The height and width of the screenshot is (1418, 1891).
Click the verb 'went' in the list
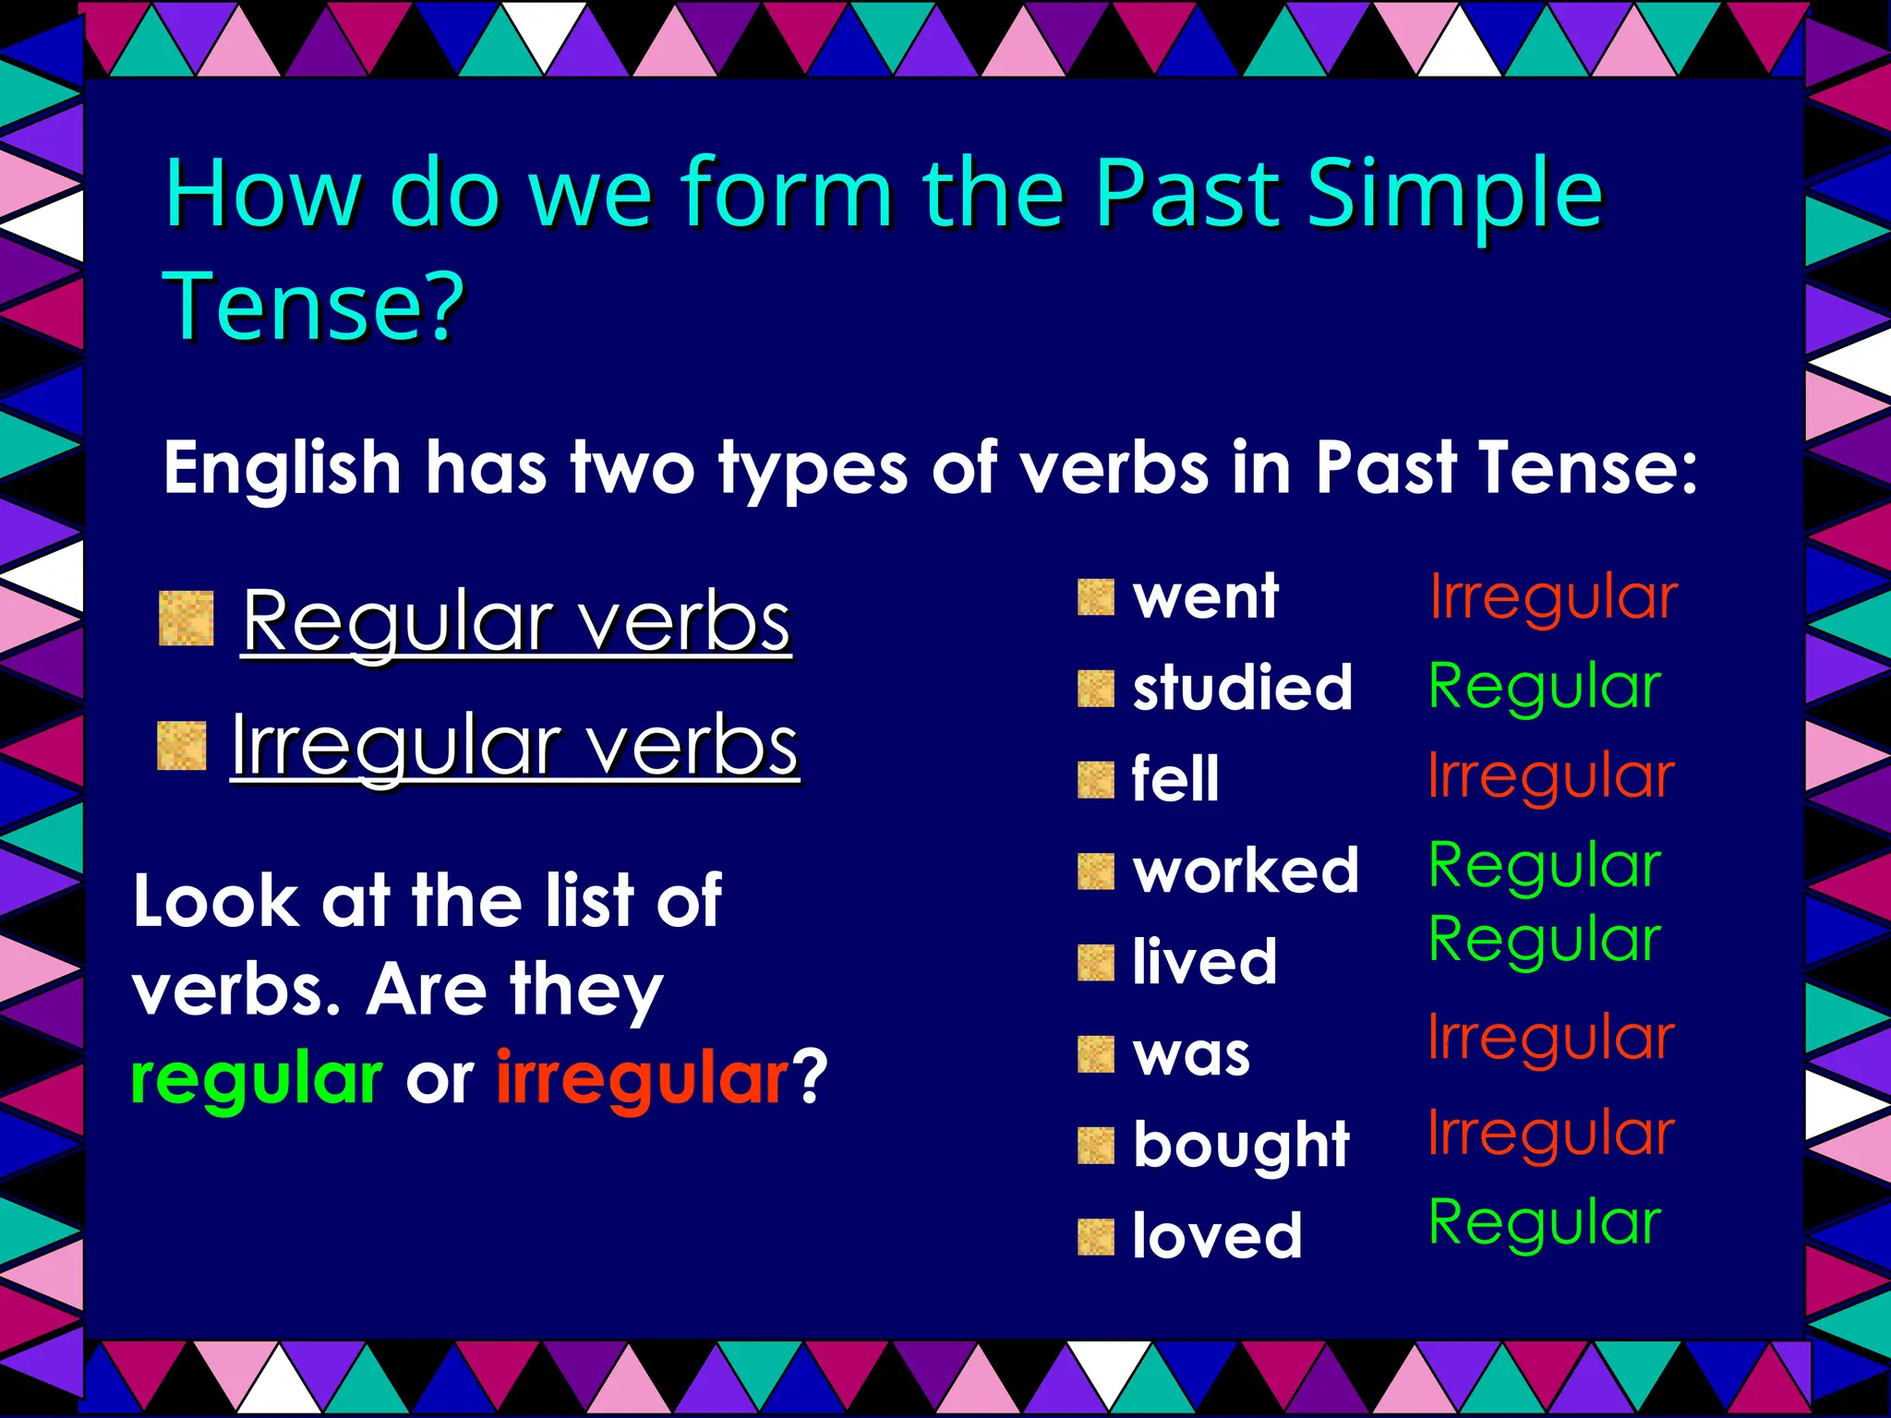click(x=1205, y=597)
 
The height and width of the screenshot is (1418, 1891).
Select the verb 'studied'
click(x=1242, y=689)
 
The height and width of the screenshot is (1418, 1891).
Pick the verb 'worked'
click(x=1246, y=871)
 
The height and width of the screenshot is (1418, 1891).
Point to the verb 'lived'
click(x=1205, y=962)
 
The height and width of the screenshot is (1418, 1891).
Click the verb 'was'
click(x=1191, y=1054)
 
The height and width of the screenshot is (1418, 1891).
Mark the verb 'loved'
click(x=1217, y=1236)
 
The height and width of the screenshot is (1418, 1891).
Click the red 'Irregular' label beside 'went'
click(x=1553, y=597)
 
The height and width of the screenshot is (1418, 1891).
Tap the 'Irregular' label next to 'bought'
click(x=1551, y=1134)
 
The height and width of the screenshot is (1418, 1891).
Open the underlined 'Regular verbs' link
click(x=516, y=622)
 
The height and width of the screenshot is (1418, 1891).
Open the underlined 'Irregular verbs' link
click(x=514, y=746)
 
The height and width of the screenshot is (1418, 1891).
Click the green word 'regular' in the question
click(x=256, y=1079)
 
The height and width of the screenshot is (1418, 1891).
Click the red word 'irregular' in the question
click(x=643, y=1079)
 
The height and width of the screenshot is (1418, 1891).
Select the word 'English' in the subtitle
click(x=282, y=468)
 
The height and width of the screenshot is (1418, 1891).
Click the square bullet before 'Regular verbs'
click(x=187, y=619)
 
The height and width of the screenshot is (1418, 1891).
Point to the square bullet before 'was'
click(x=1096, y=1054)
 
